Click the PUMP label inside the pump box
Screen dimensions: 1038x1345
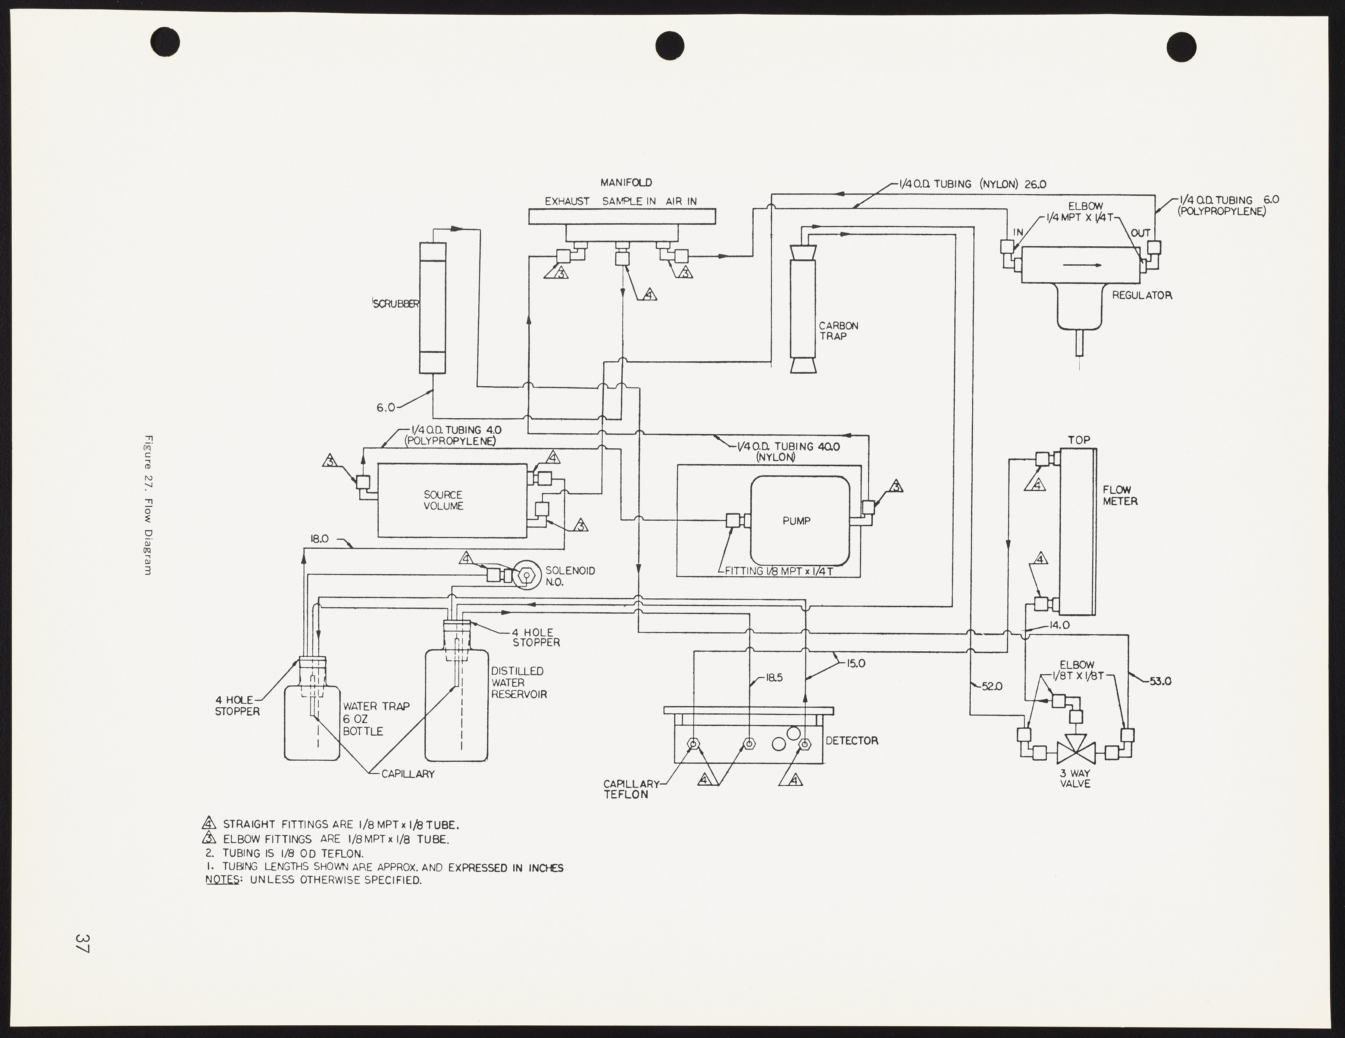(x=796, y=521)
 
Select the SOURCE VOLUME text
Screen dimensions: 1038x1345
(x=443, y=500)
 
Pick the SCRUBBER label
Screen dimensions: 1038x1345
(x=396, y=304)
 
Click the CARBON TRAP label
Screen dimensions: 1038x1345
(x=838, y=331)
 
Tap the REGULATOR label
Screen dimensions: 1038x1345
(x=1141, y=296)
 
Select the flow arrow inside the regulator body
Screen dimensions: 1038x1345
(x=1082, y=265)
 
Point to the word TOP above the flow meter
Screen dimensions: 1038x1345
(x=1079, y=440)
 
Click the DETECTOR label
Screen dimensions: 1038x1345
(x=852, y=741)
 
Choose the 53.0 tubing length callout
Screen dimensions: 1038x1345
(x=1160, y=681)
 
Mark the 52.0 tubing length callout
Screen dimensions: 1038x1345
(x=992, y=686)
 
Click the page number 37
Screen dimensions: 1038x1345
(x=82, y=943)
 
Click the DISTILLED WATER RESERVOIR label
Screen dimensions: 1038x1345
(x=519, y=682)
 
